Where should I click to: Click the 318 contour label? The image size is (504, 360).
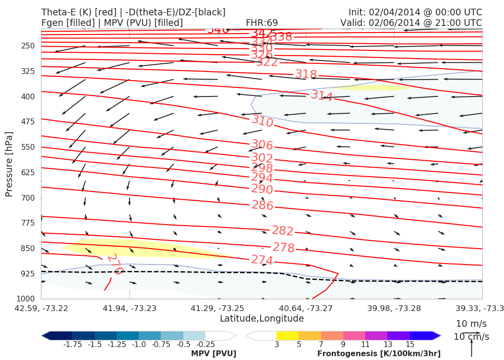pyautogui.click(x=306, y=74)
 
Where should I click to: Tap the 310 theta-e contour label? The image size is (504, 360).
pyautogui.click(x=263, y=121)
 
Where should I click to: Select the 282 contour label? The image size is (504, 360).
pyautogui.click(x=283, y=231)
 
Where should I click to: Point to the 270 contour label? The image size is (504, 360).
pyautogui.click(x=115, y=264)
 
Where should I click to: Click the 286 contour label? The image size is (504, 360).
pyautogui.click(x=263, y=205)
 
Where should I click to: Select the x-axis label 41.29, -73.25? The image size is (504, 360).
pyautogui.click(x=217, y=308)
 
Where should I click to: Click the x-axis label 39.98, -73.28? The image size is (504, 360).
pyautogui.click(x=394, y=308)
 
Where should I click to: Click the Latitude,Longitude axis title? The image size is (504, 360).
pyautogui.click(x=262, y=319)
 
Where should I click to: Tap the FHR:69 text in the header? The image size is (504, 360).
pyautogui.click(x=262, y=23)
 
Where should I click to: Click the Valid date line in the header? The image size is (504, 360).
pyautogui.click(x=411, y=23)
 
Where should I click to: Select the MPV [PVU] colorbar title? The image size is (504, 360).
pyautogui.click(x=214, y=354)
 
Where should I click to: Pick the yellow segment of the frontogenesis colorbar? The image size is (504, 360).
pyautogui.click(x=288, y=336)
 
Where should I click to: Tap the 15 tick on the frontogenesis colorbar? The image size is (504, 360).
pyautogui.click(x=410, y=345)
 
